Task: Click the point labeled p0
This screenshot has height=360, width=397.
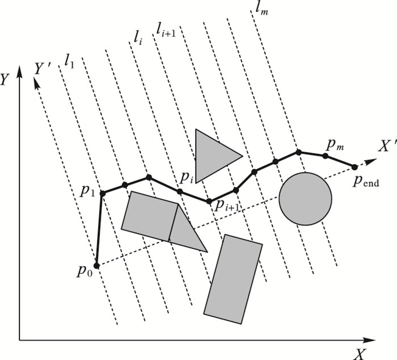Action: pos(97,265)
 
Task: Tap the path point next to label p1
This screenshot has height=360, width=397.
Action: pos(103,194)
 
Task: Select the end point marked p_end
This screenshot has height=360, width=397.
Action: pos(355,167)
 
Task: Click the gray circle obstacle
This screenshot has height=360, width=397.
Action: pos(305,198)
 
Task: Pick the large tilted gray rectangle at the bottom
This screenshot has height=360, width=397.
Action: pos(233,275)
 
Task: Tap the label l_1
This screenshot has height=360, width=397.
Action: pos(70,60)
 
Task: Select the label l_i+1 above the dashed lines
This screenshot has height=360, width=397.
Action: pos(166,28)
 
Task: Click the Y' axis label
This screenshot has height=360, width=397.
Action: pos(44,69)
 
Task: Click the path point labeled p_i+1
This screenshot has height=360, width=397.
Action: pos(209,202)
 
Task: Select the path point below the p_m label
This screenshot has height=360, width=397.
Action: pos(326,156)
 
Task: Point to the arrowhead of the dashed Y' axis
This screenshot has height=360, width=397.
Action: pos(37,82)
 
